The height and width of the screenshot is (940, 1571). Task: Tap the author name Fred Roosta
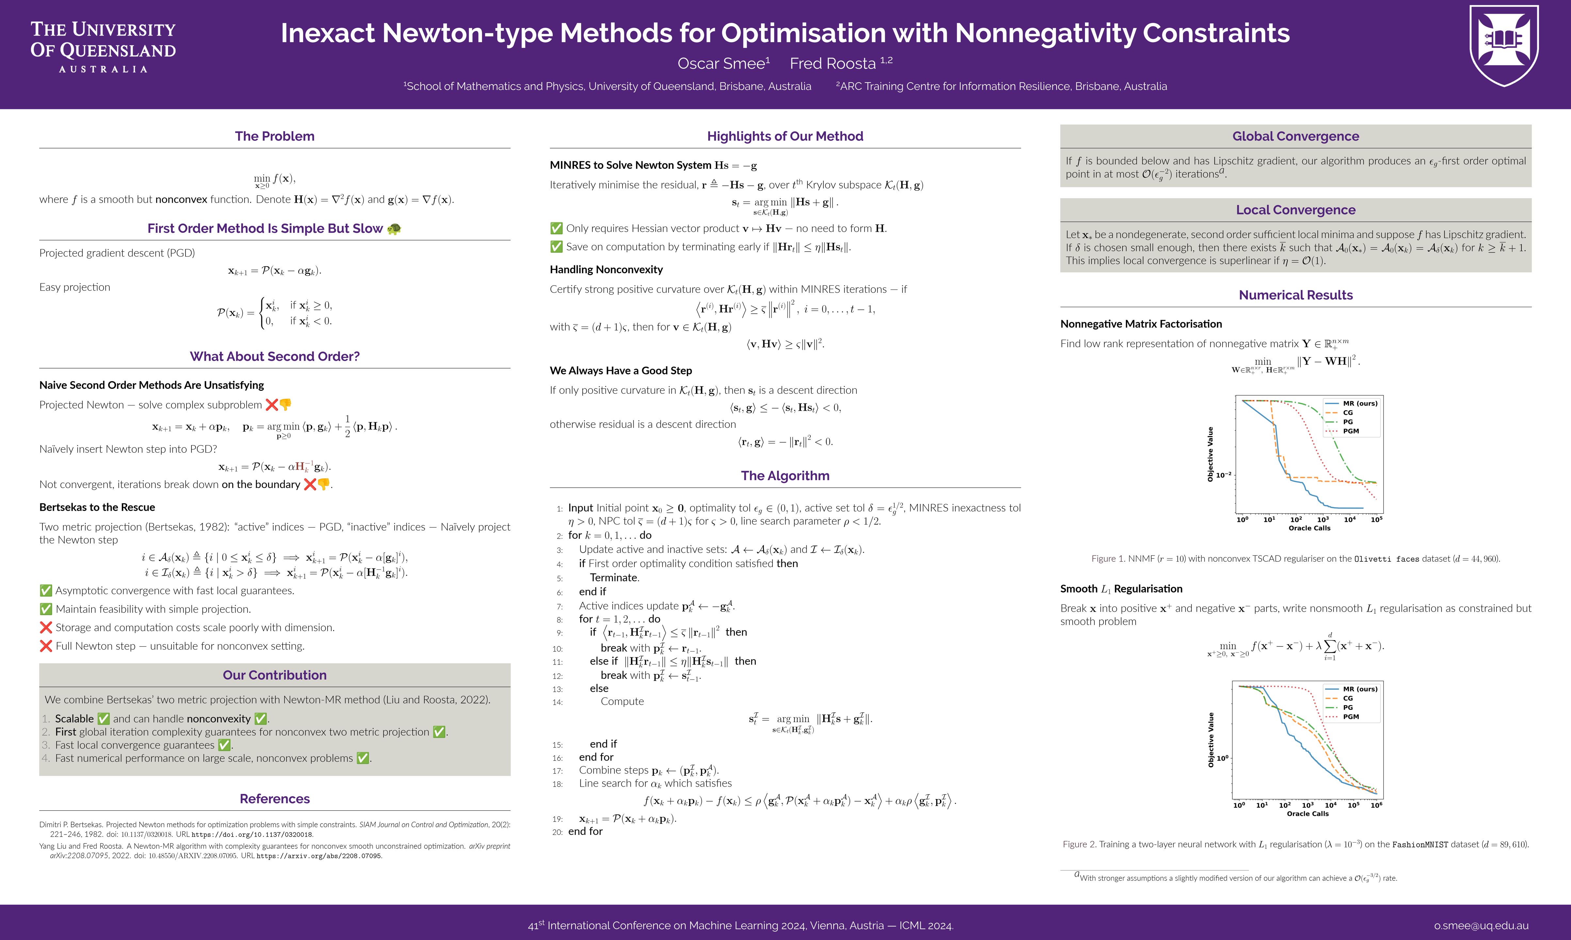[833, 64]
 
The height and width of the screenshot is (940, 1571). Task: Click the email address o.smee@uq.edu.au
[1481, 925]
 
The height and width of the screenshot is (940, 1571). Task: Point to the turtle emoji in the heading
[394, 229]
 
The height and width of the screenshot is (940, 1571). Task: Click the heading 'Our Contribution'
[274, 675]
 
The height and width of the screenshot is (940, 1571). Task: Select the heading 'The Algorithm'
[785, 476]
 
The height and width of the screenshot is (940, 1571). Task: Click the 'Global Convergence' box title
[1295, 136]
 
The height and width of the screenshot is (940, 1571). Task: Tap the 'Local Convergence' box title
[1295, 210]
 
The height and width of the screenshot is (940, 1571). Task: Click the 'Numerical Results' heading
[1295, 295]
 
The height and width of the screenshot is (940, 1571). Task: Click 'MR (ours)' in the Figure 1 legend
[1360, 403]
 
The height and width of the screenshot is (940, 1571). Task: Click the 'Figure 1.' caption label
[1108, 559]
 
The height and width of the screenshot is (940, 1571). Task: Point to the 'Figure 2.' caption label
[1079, 844]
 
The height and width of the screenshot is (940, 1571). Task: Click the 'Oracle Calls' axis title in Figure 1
[1309, 528]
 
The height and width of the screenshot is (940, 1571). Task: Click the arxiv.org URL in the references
[319, 856]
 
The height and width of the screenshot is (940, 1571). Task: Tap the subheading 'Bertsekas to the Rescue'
[97, 508]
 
